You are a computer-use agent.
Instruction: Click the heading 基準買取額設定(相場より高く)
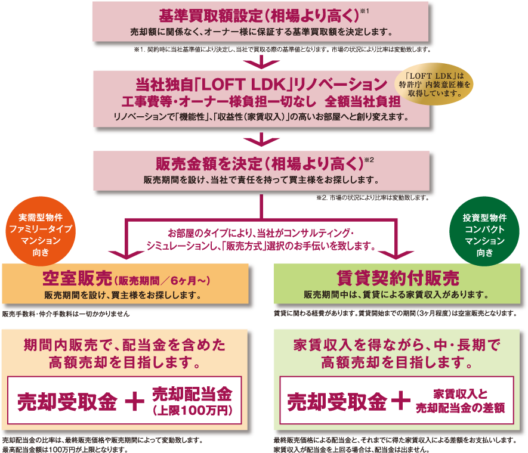(x=260, y=15)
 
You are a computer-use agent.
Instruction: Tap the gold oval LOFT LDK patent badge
(x=434, y=84)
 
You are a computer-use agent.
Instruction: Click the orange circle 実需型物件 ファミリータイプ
(x=41, y=231)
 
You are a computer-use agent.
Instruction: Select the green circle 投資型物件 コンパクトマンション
(x=484, y=231)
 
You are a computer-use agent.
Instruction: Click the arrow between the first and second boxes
(x=262, y=61)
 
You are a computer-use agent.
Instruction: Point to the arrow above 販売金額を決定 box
(x=262, y=139)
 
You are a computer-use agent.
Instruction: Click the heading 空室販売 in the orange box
(x=77, y=278)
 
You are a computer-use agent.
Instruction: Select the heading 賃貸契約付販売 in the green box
(x=398, y=278)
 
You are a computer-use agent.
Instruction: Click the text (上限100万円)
(x=192, y=411)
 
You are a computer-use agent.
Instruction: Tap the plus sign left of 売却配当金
(x=134, y=401)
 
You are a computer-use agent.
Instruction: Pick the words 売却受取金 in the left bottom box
(x=67, y=402)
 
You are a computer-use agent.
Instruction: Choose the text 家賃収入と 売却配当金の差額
(x=461, y=401)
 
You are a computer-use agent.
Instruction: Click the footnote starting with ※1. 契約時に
(x=282, y=49)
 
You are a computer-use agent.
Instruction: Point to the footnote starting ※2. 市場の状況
(x=373, y=198)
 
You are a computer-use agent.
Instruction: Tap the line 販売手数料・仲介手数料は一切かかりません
(x=66, y=314)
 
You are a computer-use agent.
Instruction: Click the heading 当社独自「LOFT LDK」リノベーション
(x=261, y=85)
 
